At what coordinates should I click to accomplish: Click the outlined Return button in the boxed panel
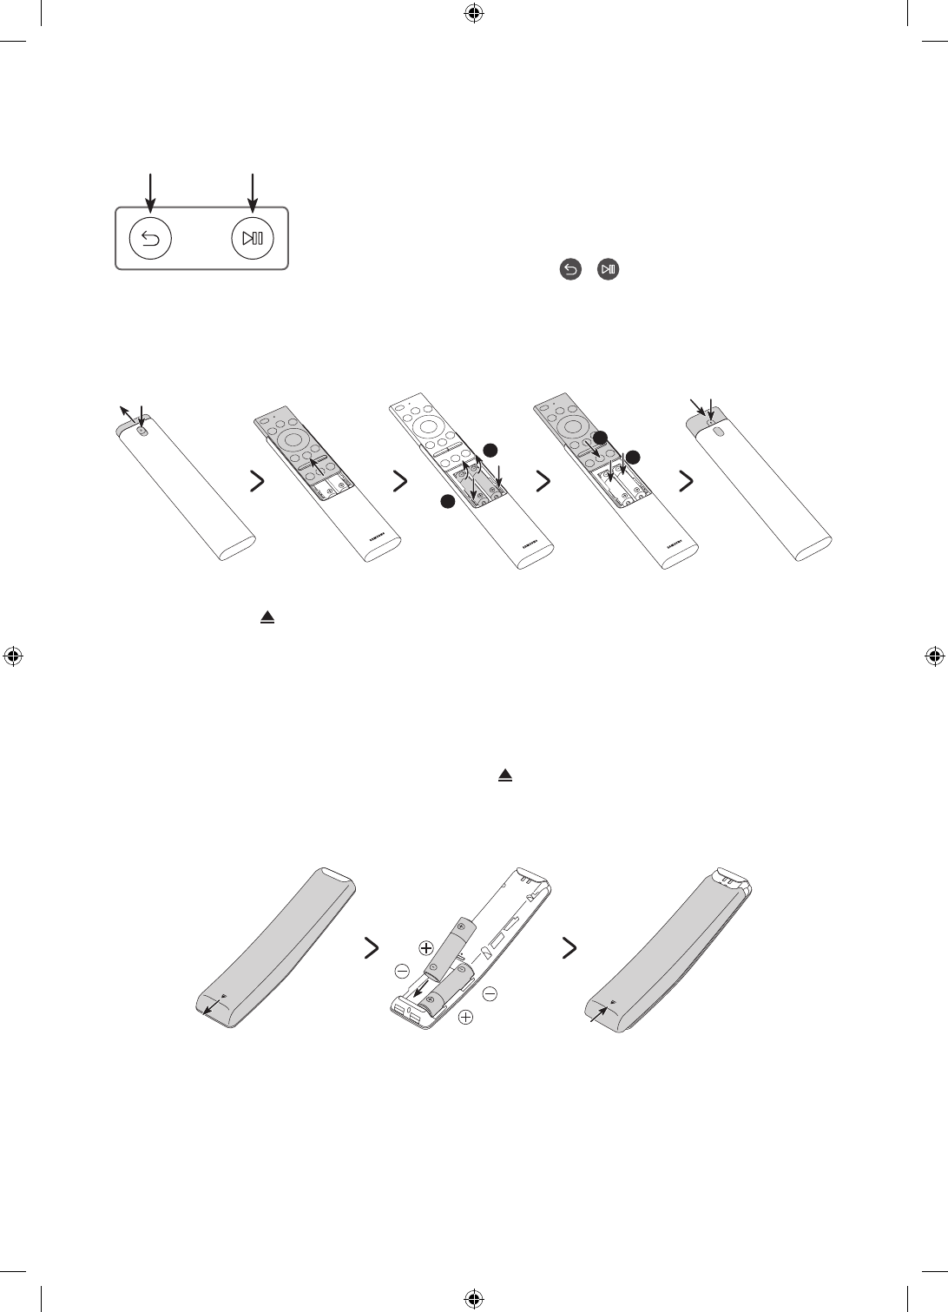pyautogui.click(x=150, y=239)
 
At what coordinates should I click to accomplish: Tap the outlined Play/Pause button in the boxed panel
pyautogui.click(x=253, y=239)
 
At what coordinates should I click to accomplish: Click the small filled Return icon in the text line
pyautogui.click(x=570, y=271)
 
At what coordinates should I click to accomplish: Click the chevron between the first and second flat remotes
pyautogui.click(x=257, y=483)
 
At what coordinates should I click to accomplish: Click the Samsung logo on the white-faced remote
pyautogui.click(x=527, y=542)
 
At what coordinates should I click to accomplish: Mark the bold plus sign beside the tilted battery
pyautogui.click(x=425, y=948)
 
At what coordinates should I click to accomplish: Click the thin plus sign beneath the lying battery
pyautogui.click(x=466, y=1017)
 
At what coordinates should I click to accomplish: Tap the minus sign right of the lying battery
pyautogui.click(x=490, y=992)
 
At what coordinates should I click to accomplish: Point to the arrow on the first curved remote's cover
pyautogui.click(x=208, y=1005)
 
